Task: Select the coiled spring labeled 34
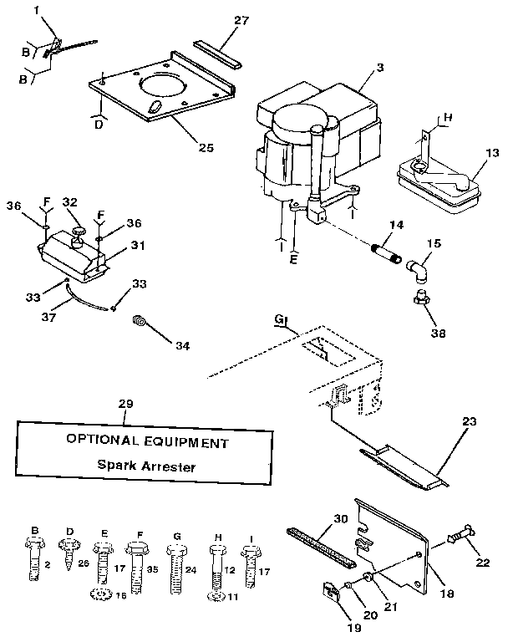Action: point(141,321)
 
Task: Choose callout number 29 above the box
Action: point(125,405)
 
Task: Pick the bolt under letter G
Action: point(175,564)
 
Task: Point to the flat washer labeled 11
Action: point(216,595)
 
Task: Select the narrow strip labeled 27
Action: point(216,53)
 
